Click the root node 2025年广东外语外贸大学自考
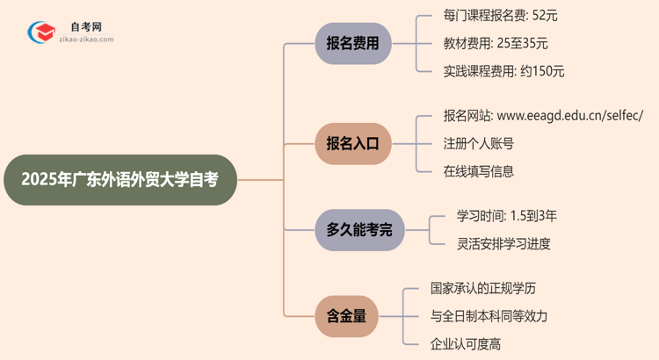coord(120,180)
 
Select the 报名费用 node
coord(352,43)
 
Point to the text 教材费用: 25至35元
coord(496,43)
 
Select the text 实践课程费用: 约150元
coord(504,71)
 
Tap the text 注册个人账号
coord(479,144)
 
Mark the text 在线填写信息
coord(479,171)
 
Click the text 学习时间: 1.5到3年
coord(507,215)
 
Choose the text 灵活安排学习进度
coord(503,243)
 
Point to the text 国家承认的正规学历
coord(482,288)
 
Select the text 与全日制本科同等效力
coord(489,316)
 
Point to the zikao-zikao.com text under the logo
coord(83,40)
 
